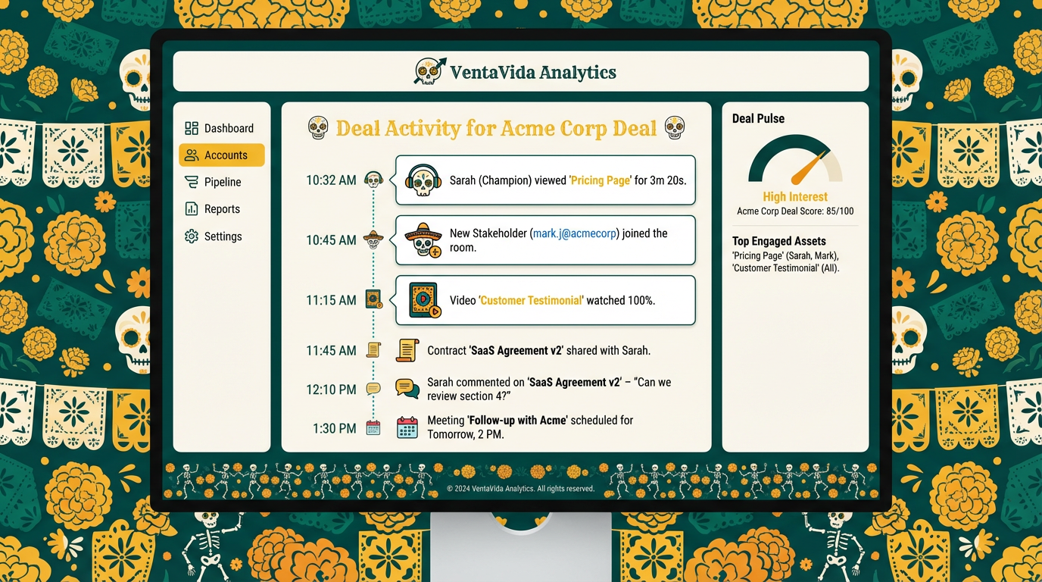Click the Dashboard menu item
tap(220, 128)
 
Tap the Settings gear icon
tap(191, 236)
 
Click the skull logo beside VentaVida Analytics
tap(429, 72)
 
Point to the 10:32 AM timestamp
tap(331, 180)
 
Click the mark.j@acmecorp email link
tap(575, 233)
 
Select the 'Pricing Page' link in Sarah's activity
tap(601, 180)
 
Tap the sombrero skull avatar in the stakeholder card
tap(423, 239)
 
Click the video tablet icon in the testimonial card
tap(424, 300)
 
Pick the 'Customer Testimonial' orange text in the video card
tap(532, 300)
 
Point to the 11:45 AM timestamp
tap(331, 350)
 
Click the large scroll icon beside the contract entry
tap(407, 350)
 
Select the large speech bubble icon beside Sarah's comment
tap(407, 389)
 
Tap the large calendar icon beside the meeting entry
tap(407, 427)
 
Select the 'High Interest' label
tap(795, 197)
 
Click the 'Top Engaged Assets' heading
tap(779, 241)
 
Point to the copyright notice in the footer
tap(520, 489)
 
